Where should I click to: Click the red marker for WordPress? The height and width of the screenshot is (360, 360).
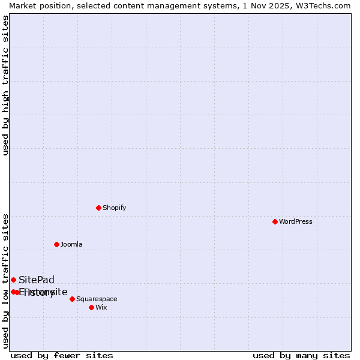275,221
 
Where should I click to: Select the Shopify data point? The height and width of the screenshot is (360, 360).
98,208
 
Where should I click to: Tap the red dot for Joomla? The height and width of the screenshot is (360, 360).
56,244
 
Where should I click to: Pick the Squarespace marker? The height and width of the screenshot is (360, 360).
72,299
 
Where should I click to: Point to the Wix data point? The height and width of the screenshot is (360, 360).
91,307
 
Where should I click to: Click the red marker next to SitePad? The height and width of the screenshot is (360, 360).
13,280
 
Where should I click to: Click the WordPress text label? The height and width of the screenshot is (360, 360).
295,221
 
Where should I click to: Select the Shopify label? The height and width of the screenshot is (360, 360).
114,208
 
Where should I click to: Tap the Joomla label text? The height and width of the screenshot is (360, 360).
71,244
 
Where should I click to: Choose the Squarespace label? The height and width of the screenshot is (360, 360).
97,299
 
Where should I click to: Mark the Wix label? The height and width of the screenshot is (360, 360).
101,307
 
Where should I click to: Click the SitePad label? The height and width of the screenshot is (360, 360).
36,280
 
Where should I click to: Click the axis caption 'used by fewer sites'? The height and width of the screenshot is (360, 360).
62,355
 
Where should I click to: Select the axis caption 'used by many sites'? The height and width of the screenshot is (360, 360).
301,355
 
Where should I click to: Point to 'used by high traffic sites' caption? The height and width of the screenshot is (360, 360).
5,85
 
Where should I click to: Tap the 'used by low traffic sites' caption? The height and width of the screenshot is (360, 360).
5,280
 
